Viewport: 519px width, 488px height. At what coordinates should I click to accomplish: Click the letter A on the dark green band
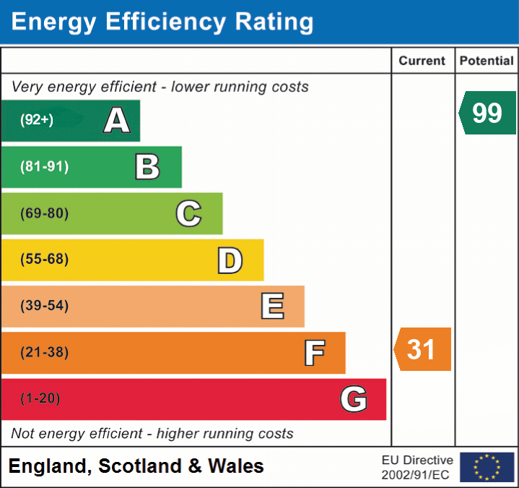click(117, 121)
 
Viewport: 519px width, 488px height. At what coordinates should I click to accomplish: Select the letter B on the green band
click(147, 167)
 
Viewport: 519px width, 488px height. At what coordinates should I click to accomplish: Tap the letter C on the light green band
click(188, 213)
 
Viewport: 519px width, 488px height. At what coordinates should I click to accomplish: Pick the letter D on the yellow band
click(230, 260)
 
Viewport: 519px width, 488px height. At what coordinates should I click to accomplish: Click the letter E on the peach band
click(272, 307)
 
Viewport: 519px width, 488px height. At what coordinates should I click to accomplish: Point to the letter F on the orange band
click(314, 353)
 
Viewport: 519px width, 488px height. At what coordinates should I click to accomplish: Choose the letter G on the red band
click(354, 399)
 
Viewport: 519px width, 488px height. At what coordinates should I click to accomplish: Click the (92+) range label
click(37, 121)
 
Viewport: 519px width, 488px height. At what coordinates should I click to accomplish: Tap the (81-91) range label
click(45, 167)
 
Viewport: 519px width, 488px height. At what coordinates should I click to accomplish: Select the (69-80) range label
click(45, 213)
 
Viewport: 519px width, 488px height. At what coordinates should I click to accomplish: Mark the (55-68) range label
click(45, 260)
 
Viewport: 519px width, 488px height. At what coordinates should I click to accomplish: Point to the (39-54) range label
click(45, 306)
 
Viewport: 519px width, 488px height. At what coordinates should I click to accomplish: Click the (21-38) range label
click(45, 353)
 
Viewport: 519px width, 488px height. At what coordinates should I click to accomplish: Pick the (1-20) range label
click(40, 399)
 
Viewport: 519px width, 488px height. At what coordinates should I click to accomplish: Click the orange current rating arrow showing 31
click(422, 349)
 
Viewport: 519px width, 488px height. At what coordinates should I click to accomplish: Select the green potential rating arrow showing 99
click(487, 113)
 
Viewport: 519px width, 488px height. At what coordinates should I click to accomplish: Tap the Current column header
click(423, 61)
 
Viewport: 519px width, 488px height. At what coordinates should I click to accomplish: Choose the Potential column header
click(487, 61)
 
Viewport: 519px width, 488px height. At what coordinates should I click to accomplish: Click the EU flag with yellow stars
click(487, 467)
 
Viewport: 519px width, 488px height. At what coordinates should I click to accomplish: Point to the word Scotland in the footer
click(140, 466)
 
